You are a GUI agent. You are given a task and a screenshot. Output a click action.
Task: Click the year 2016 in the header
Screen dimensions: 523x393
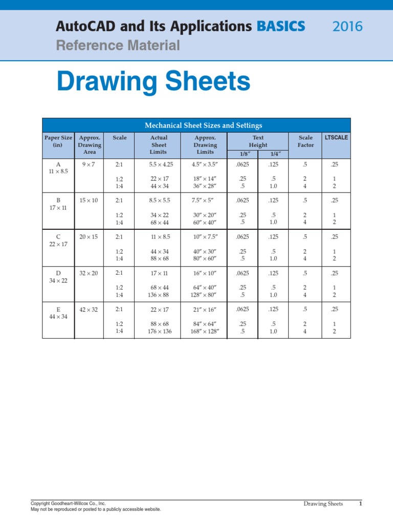click(347, 26)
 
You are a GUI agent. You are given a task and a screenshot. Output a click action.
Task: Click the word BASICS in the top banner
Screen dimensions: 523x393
click(281, 26)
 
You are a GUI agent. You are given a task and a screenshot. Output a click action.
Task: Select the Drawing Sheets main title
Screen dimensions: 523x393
click(154, 82)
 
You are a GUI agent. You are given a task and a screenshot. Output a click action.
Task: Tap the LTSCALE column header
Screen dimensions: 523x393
click(336, 137)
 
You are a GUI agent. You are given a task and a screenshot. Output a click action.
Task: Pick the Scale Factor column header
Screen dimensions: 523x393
click(305, 141)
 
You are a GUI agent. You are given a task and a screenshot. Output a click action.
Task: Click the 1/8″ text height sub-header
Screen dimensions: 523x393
click(243, 154)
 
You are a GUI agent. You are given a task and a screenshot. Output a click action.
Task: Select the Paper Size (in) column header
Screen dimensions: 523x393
click(58, 141)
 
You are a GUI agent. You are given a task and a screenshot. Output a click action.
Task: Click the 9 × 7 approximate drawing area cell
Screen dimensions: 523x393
click(89, 164)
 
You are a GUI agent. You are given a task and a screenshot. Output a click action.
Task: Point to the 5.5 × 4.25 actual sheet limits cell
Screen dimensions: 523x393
click(159, 164)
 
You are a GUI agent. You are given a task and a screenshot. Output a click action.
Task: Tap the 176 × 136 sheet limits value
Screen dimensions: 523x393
click(159, 331)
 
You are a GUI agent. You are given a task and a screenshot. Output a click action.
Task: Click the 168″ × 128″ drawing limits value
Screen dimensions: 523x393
click(205, 331)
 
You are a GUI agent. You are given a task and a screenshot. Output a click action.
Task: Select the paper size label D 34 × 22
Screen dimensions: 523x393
click(58, 277)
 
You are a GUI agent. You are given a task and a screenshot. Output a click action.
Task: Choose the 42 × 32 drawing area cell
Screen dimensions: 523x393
click(89, 310)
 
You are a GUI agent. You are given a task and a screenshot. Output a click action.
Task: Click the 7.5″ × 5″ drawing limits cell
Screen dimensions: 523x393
click(205, 201)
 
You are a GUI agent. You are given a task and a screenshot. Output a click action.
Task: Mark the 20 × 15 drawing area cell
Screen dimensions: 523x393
click(89, 237)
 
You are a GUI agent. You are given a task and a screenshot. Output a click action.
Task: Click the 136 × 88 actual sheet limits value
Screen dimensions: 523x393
click(159, 295)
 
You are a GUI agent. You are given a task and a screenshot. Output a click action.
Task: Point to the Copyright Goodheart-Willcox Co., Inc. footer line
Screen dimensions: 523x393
click(68, 503)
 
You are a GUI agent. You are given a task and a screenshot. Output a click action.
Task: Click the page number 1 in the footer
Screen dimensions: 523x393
click(360, 504)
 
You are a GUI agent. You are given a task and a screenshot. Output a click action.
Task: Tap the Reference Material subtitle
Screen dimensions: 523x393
click(118, 45)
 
